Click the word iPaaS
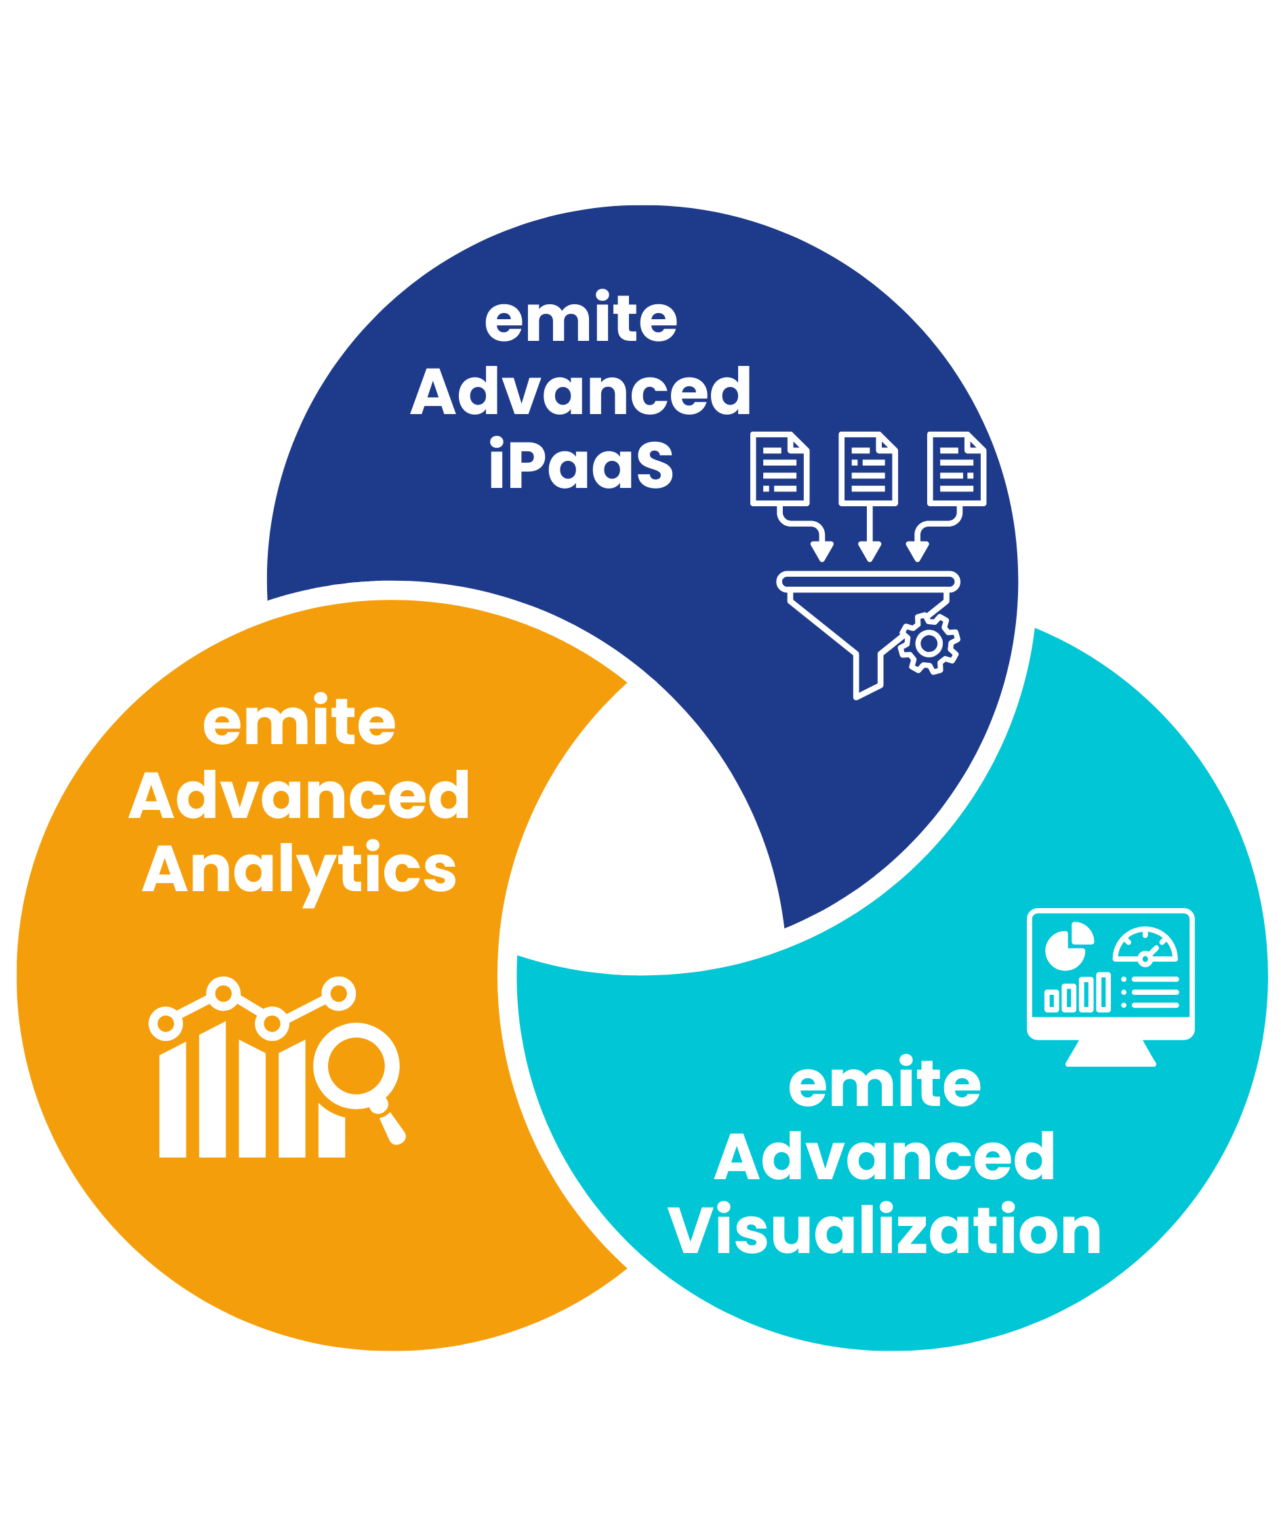click(580, 466)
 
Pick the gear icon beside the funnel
click(929, 643)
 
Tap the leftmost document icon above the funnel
click(779, 468)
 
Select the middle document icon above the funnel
click(868, 468)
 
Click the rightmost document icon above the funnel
click(956, 468)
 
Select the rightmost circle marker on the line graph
click(338, 993)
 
